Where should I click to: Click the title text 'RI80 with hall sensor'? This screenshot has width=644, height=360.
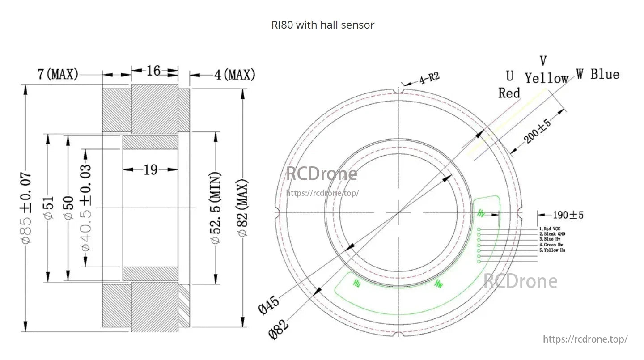tap(322, 25)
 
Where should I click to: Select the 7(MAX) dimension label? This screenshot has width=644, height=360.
tap(58, 74)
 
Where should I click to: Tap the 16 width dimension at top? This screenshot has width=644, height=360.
tap(153, 71)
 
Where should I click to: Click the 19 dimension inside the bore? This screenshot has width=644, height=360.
tap(150, 170)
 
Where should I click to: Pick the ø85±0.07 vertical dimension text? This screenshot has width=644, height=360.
tap(26, 208)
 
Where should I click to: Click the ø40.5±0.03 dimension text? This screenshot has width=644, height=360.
tap(86, 208)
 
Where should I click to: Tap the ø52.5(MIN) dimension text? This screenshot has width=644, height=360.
tap(216, 208)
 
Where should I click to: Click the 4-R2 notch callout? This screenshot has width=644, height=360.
tap(429, 79)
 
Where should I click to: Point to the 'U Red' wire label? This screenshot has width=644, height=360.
tap(509, 85)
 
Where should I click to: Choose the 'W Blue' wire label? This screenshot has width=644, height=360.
tap(597, 74)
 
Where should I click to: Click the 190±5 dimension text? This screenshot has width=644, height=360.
tap(568, 215)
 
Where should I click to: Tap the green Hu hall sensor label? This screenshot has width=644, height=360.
tap(356, 283)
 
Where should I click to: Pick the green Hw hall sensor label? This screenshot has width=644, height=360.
tap(438, 283)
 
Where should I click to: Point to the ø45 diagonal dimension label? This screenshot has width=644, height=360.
tap(269, 305)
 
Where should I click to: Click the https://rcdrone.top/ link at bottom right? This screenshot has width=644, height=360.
tap(585, 339)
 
